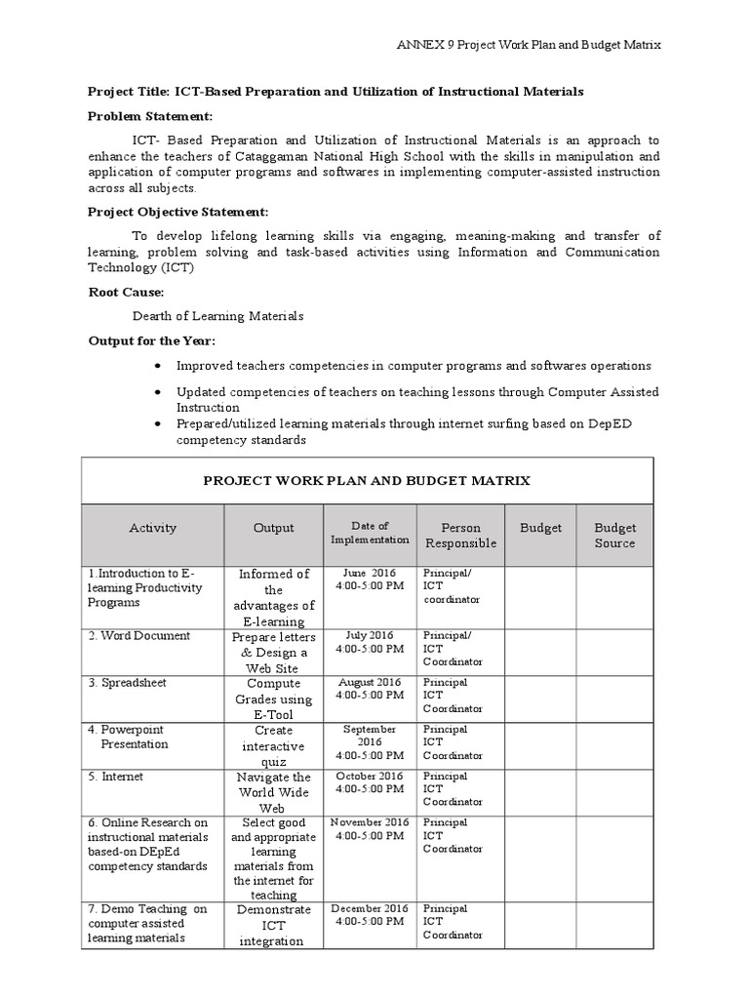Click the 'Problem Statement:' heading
(x=150, y=116)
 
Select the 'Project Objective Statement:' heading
(x=179, y=212)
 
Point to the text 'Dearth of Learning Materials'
(x=217, y=316)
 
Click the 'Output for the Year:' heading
(x=152, y=340)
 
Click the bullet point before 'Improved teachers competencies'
(x=157, y=366)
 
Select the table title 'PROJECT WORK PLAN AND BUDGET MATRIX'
(x=367, y=480)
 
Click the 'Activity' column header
(x=153, y=528)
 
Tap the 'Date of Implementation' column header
(x=371, y=533)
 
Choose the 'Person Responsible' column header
(x=461, y=536)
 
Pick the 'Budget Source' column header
(x=614, y=536)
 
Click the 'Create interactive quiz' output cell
(x=273, y=745)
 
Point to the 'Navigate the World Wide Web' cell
(x=273, y=792)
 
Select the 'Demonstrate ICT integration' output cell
(x=273, y=926)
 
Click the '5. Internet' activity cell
(x=116, y=777)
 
